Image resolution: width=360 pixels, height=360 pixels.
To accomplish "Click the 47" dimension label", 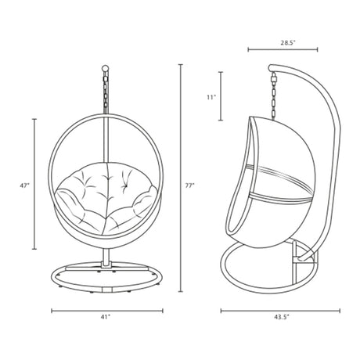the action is pyautogui.click(x=24, y=185).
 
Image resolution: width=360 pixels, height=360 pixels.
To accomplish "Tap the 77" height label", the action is pyautogui.click(x=190, y=185).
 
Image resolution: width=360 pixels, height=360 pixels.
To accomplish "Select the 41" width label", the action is pyautogui.click(x=105, y=317).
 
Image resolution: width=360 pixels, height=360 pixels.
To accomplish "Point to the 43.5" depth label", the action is pyautogui.click(x=282, y=317).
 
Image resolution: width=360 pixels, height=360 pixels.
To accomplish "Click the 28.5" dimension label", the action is pyautogui.click(x=288, y=43).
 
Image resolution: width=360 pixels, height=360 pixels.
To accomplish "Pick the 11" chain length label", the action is pyautogui.click(x=211, y=97).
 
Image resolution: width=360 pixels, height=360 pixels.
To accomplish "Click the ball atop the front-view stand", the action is pyautogui.click(x=105, y=69).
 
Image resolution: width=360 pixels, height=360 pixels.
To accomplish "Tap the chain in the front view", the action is pyautogui.click(x=106, y=92).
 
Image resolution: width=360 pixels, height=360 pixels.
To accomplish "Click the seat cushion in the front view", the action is pyautogui.click(x=106, y=197).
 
